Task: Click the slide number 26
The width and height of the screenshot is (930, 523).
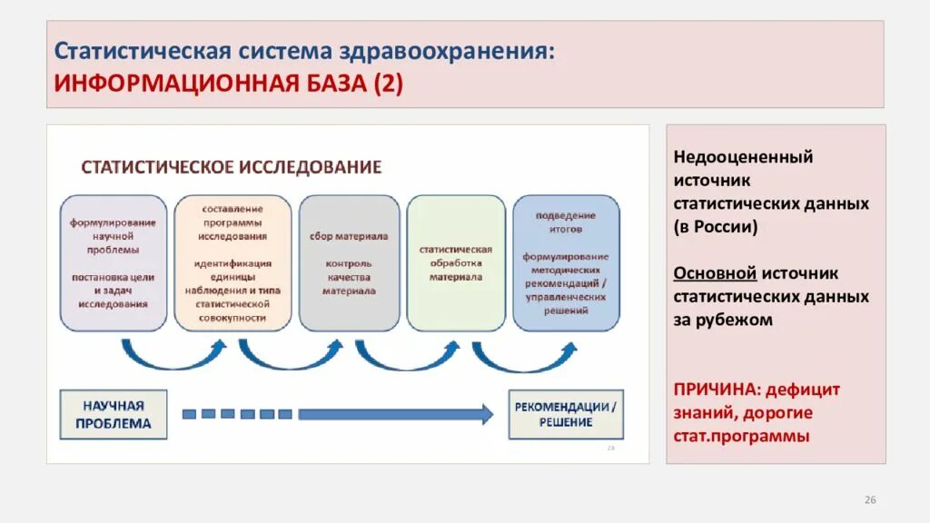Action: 869,500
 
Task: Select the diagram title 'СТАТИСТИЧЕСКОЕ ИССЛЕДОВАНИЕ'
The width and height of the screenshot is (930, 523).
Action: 232,167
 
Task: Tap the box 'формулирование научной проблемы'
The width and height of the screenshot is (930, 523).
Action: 114,262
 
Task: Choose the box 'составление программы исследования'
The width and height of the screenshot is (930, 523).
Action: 233,262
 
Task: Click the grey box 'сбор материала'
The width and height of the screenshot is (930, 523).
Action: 349,262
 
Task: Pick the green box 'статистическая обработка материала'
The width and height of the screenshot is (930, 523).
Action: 456,262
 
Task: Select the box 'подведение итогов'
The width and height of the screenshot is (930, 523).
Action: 566,262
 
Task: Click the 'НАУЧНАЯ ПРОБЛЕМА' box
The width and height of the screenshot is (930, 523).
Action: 114,414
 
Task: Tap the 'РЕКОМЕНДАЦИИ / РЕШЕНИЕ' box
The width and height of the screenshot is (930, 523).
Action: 566,414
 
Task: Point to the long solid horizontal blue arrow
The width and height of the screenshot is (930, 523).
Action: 395,414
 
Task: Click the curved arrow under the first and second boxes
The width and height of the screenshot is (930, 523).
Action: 173,356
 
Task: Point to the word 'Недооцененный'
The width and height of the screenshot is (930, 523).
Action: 743,156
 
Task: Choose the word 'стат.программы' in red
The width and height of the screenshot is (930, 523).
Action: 740,436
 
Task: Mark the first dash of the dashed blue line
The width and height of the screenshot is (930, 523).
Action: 190,414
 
